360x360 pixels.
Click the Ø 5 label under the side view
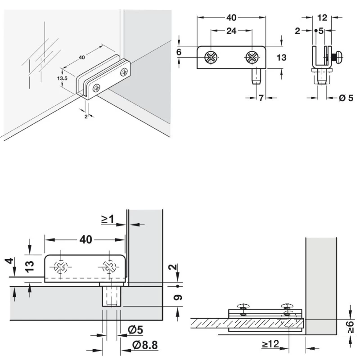[x=346, y=98]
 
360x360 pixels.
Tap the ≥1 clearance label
[x=107, y=220]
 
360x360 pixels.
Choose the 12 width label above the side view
[x=322, y=18]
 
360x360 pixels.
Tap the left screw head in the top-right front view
[x=210, y=57]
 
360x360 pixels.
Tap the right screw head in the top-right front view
[x=252, y=57]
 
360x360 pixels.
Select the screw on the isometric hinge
[x=123, y=72]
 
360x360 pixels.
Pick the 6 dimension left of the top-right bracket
[x=179, y=52]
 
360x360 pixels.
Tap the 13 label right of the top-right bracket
[x=281, y=58]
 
